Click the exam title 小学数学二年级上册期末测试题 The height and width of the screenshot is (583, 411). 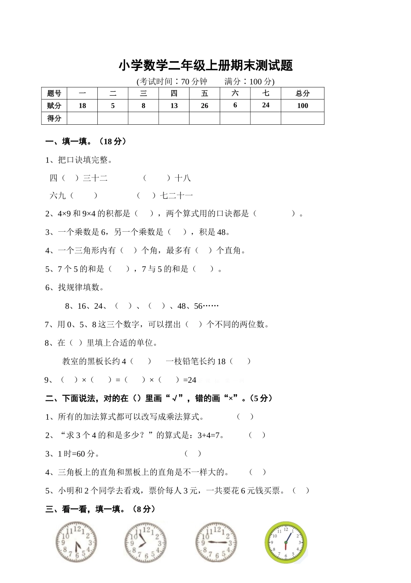(x=205, y=65)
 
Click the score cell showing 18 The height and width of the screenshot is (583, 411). (x=82, y=106)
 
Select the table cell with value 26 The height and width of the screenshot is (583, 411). (x=205, y=106)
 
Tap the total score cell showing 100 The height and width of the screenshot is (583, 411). (x=302, y=106)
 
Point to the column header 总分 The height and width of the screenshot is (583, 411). (x=302, y=93)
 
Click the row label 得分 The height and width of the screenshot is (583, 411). (x=54, y=118)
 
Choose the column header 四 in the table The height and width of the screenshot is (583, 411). (x=174, y=93)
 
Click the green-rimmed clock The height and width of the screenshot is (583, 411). (x=286, y=542)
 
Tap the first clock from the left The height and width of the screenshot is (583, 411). (x=76, y=542)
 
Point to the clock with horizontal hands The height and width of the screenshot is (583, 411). (x=216, y=542)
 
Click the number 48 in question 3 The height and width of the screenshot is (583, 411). (x=222, y=232)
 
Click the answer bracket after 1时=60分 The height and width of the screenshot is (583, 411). (x=193, y=453)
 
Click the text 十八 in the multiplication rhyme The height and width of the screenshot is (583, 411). (x=183, y=178)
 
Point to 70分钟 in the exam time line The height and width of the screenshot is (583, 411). (x=194, y=81)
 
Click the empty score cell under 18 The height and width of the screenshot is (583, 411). (x=82, y=118)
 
